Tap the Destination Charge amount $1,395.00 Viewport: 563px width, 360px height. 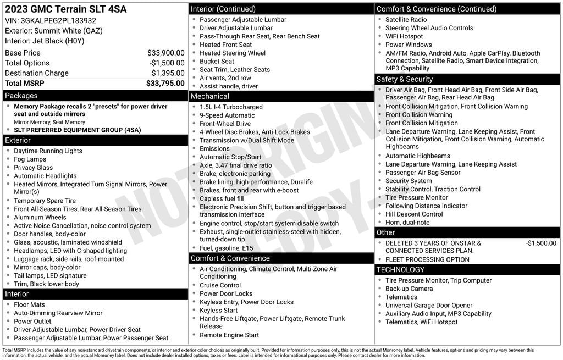pyautogui.click(x=168, y=73)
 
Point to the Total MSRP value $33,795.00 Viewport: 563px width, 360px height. pyautogui.click(x=165, y=84)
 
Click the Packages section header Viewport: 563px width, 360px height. pyautogui.click(x=21, y=96)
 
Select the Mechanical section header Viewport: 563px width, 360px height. pyautogui.click(x=210, y=96)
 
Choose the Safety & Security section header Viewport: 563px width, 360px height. pyautogui.click(x=405, y=79)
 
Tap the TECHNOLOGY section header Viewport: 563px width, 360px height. pyautogui.click(x=400, y=269)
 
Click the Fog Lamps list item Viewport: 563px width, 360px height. pyautogui.click(x=30, y=159)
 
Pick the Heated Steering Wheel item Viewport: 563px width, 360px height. pyautogui.click(x=233, y=53)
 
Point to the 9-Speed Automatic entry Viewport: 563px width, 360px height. pyautogui.click(x=227, y=115)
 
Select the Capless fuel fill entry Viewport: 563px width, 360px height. pyautogui.click(x=222, y=198)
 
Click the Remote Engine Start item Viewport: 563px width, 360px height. pyautogui.click(x=229, y=335)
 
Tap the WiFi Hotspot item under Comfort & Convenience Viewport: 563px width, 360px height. pyautogui.click(x=404, y=36)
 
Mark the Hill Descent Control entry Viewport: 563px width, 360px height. pyautogui.click(x=414, y=214)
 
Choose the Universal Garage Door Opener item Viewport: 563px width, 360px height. pyautogui.click(x=429, y=306)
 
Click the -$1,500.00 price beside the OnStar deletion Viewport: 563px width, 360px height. pyautogui.click(x=541, y=243)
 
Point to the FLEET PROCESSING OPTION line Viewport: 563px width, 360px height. pyautogui.click(x=427, y=259)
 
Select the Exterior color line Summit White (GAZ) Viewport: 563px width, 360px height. pyautogui.click(x=54, y=31)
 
